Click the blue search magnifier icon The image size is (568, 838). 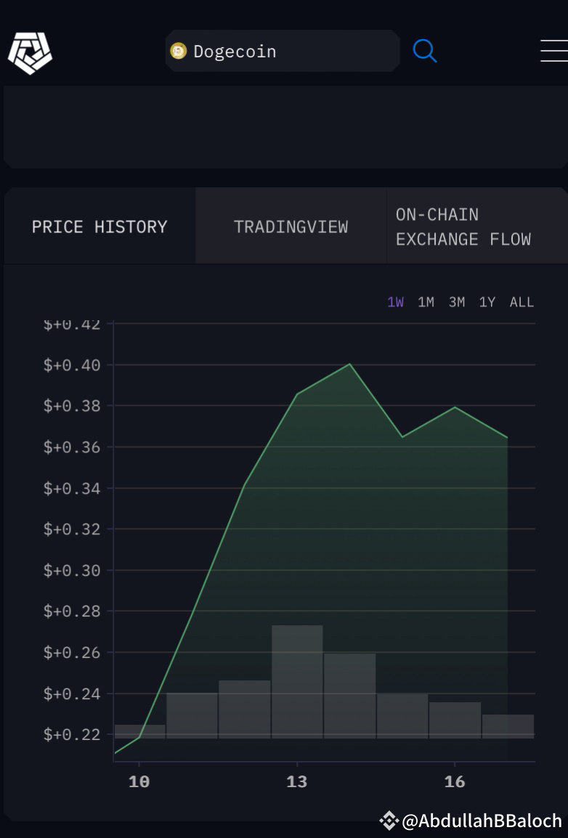(x=425, y=51)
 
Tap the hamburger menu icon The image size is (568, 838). (x=554, y=51)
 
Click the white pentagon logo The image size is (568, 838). (x=30, y=53)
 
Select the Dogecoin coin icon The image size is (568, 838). (x=179, y=51)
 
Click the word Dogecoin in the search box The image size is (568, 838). (x=235, y=52)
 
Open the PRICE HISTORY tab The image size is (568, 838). (x=100, y=227)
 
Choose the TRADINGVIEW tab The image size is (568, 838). (x=291, y=227)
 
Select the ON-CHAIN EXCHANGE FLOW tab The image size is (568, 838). (x=463, y=227)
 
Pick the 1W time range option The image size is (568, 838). (x=395, y=302)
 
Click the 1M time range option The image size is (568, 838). (x=426, y=302)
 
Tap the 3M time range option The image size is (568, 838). (x=457, y=302)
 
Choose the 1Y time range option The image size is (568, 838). (x=487, y=302)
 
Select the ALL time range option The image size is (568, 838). (x=522, y=302)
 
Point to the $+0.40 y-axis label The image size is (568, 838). (x=72, y=365)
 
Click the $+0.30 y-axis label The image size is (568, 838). (x=72, y=570)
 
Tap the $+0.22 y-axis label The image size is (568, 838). (x=72, y=734)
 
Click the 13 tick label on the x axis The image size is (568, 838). (x=296, y=782)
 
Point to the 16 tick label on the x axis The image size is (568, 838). (x=455, y=782)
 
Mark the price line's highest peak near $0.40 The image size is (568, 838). (x=349, y=364)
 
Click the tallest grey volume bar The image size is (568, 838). (x=297, y=681)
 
